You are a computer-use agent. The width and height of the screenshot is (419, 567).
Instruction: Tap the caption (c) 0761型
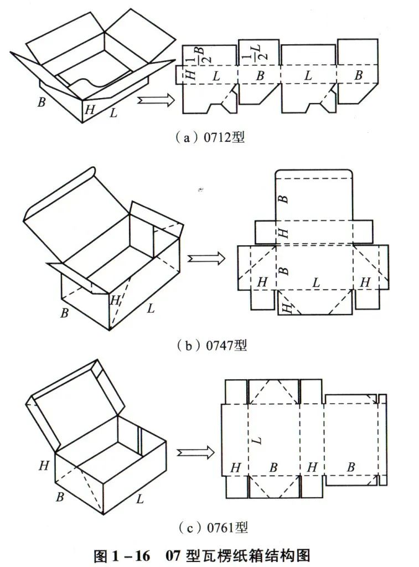(x=211, y=528)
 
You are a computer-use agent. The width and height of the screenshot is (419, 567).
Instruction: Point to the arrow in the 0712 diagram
(x=156, y=100)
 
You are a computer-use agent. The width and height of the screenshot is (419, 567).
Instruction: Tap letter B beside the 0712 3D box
(x=41, y=102)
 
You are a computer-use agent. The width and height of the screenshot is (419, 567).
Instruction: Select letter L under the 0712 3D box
(x=113, y=114)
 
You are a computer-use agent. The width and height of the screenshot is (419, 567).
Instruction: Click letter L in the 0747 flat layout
(x=316, y=282)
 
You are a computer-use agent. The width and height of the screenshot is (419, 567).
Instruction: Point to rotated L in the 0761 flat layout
(x=256, y=441)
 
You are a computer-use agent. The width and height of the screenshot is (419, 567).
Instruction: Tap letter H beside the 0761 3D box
(x=44, y=466)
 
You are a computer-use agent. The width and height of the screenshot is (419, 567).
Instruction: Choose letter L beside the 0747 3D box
(x=151, y=308)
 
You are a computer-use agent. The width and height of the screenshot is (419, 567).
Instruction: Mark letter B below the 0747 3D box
(x=64, y=313)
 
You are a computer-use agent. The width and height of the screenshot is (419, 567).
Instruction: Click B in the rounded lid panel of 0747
(x=284, y=198)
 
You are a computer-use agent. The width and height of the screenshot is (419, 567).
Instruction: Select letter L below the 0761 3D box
(x=140, y=499)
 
